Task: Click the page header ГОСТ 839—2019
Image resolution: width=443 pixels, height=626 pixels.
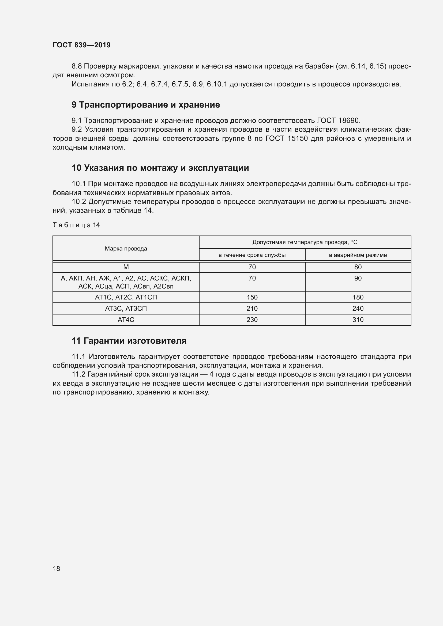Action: (82, 45)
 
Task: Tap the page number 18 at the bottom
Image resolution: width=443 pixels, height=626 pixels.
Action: (57, 568)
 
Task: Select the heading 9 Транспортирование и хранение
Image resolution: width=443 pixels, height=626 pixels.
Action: (146, 105)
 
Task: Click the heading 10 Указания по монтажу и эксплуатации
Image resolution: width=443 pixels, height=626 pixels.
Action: (160, 168)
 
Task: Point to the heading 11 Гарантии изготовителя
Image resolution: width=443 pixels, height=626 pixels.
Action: (129, 340)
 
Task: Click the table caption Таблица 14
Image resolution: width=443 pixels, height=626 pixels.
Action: (76, 225)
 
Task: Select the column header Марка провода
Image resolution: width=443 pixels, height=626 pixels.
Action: (126, 248)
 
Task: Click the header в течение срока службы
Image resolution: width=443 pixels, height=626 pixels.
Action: (252, 255)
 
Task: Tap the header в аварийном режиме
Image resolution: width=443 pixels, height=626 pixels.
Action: (358, 255)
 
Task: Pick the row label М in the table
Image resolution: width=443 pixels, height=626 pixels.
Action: (126, 267)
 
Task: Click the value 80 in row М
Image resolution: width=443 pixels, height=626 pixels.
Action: (358, 267)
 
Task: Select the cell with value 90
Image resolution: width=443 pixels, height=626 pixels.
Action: (358, 278)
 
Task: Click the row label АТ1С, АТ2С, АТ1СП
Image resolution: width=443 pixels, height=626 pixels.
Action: (126, 297)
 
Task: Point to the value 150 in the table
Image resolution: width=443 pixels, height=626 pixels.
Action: (252, 297)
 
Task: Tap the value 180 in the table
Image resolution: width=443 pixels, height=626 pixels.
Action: (358, 297)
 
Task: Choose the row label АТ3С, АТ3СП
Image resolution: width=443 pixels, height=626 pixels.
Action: (126, 308)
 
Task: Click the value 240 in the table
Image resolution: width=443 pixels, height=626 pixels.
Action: (358, 308)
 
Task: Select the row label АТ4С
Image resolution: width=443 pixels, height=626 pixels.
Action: (126, 320)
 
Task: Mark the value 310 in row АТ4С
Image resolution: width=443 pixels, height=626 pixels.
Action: (358, 320)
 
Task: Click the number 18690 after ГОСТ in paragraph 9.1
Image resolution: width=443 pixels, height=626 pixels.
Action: (349, 120)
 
